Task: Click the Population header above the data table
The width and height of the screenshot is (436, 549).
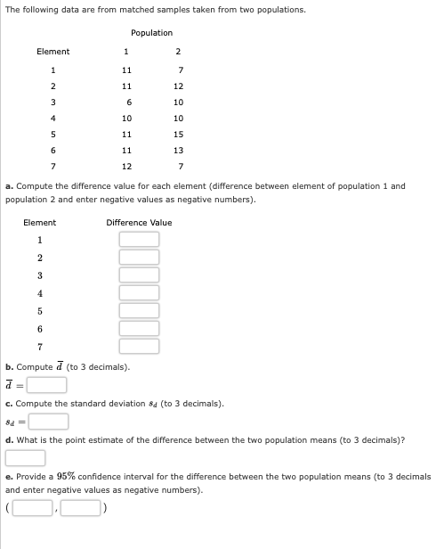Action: coord(151,33)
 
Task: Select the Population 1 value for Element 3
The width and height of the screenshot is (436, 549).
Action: coord(129,102)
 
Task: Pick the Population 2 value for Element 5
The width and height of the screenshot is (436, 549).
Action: coord(179,135)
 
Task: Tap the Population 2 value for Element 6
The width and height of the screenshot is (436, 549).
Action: coord(179,151)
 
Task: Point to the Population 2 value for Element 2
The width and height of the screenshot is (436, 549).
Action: coord(179,86)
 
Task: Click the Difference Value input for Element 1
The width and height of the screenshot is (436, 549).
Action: coord(140,240)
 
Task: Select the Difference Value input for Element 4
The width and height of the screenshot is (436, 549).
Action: coord(140,293)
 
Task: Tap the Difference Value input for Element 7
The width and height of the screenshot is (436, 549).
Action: coord(140,346)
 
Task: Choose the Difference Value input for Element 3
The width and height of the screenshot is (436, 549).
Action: coord(140,275)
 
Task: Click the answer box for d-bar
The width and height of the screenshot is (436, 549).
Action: coord(46,385)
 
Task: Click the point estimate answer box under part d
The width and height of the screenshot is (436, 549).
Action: coord(26,458)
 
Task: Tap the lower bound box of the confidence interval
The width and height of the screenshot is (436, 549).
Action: coord(33,509)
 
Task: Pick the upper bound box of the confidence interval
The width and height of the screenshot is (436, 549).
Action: coord(80,509)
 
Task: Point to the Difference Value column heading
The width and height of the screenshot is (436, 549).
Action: coord(139,223)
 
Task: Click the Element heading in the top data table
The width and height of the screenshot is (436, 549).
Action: coord(52,52)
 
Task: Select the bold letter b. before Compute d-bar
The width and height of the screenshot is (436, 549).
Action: coord(9,367)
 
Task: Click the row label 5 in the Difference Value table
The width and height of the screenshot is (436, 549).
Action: coord(39,311)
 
